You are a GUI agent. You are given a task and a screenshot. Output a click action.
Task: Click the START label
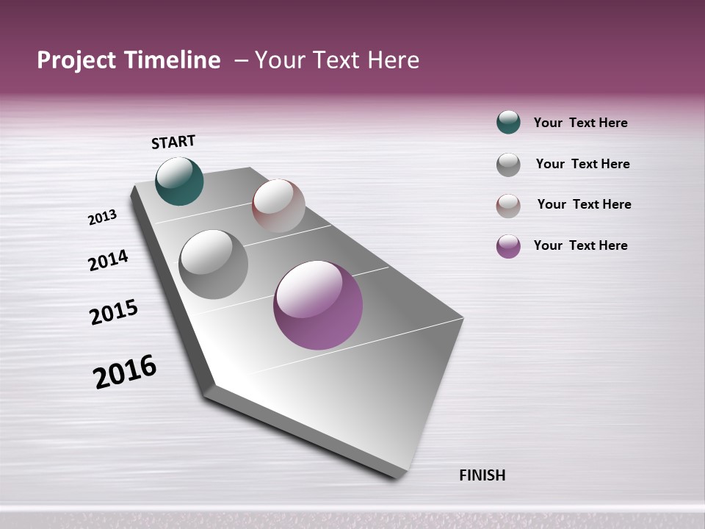click(x=173, y=142)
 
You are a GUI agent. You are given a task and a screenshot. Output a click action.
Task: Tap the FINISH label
click(x=482, y=475)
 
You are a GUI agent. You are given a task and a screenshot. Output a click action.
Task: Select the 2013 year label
click(x=103, y=217)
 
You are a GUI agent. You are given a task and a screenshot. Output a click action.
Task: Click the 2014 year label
click(x=108, y=260)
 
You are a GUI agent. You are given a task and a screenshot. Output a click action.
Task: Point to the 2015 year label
click(x=114, y=312)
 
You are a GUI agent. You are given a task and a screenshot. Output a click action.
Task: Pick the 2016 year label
click(x=125, y=372)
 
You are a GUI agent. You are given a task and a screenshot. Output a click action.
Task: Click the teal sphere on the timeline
click(x=180, y=181)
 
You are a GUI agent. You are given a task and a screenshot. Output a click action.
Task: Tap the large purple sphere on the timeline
click(x=318, y=305)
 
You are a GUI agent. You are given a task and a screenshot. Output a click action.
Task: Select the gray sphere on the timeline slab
click(x=214, y=264)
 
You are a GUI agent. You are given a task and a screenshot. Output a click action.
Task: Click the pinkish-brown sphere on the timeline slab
click(x=278, y=206)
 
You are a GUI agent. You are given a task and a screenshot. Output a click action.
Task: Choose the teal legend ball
click(x=508, y=122)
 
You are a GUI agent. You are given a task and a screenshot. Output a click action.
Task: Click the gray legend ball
click(x=508, y=165)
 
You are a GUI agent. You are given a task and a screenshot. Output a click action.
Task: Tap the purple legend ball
click(x=508, y=246)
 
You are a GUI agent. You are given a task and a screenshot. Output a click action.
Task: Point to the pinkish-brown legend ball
click(x=508, y=206)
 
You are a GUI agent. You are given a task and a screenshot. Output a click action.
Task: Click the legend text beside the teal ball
click(x=580, y=123)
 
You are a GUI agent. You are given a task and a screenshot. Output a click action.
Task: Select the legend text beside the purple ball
click(x=580, y=245)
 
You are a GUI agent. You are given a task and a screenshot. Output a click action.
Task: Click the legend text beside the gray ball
click(x=582, y=164)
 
